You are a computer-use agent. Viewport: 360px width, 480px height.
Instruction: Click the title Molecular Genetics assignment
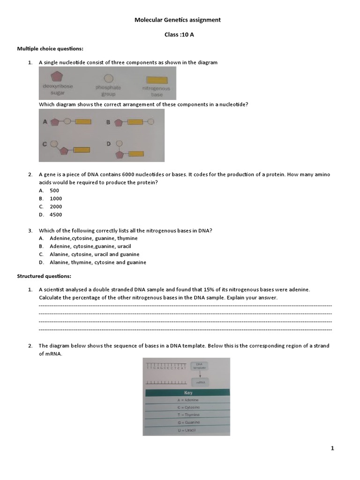[x=177, y=20]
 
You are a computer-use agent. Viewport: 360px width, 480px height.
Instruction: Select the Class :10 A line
[x=177, y=34]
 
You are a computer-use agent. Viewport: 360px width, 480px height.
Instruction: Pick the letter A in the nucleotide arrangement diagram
[x=45, y=122]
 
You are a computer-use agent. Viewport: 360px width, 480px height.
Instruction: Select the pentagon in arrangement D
[x=120, y=154]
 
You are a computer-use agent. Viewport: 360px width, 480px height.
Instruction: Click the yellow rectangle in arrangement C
[x=80, y=150]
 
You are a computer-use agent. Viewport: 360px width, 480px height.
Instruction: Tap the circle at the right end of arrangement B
[x=150, y=121]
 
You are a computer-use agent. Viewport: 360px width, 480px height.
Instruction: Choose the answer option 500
[x=54, y=190]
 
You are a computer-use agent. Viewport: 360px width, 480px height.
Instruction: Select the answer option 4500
[x=55, y=215]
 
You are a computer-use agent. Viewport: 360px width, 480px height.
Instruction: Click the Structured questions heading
[x=44, y=277]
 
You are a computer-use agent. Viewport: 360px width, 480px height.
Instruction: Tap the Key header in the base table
[x=187, y=393]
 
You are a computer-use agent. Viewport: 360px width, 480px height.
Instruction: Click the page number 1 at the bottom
[x=332, y=449]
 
